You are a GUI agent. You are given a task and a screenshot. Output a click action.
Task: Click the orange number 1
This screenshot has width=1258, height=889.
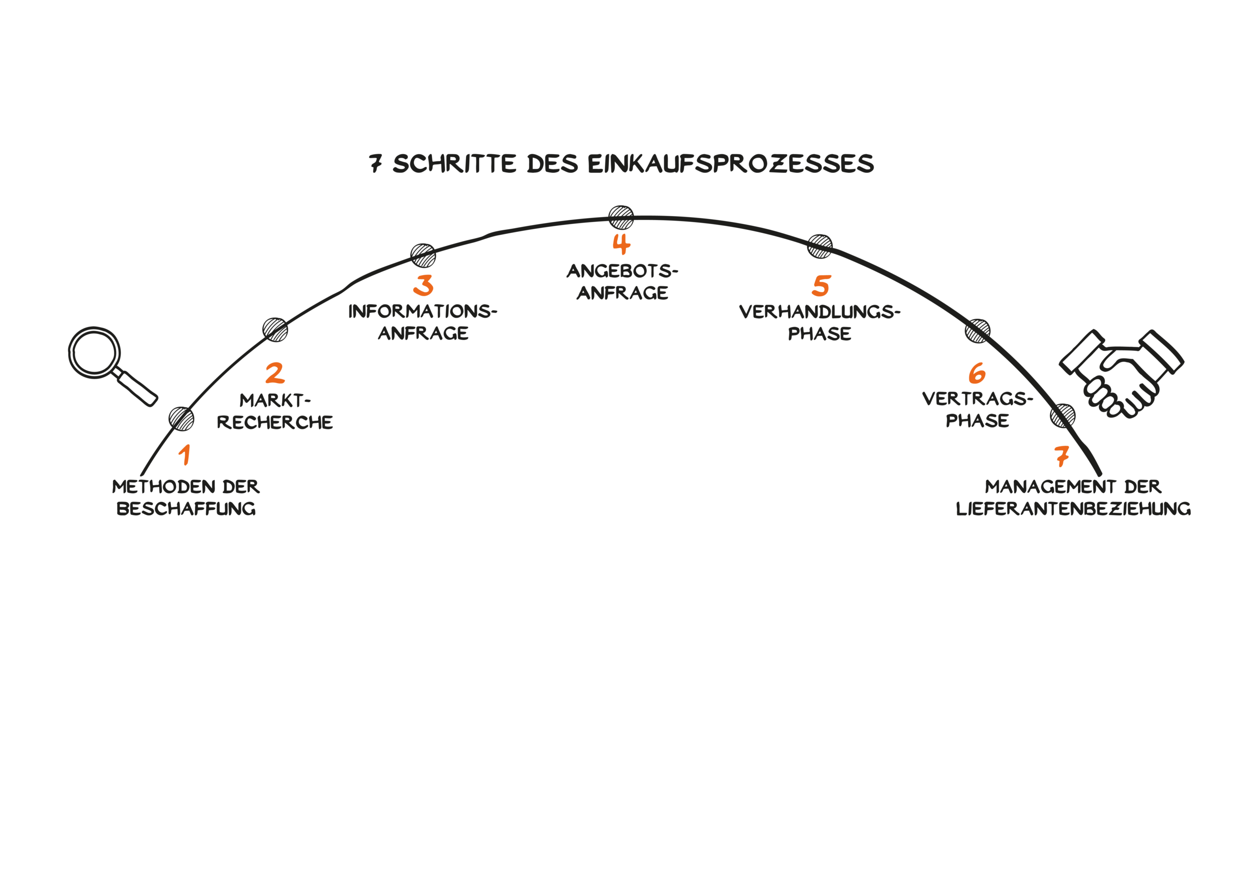pyautogui.click(x=185, y=455)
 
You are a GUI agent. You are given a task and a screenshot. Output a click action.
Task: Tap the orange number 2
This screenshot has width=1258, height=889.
pyautogui.click(x=275, y=374)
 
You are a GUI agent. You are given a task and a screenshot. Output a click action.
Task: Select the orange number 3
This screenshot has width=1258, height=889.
pyautogui.click(x=423, y=285)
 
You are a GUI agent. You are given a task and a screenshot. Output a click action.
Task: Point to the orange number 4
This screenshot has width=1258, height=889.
pyautogui.click(x=621, y=244)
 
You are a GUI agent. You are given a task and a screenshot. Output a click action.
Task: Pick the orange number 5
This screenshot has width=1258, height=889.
pyautogui.click(x=821, y=285)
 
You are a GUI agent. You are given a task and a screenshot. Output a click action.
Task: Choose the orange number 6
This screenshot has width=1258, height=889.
pyautogui.click(x=977, y=374)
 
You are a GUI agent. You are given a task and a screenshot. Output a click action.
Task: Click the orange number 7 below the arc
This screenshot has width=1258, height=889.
pyautogui.click(x=1061, y=456)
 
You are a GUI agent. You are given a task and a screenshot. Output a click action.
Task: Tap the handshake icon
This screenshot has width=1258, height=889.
pyautogui.click(x=1121, y=372)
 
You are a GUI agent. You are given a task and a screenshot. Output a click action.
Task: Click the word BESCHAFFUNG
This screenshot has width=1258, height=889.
pyautogui.click(x=186, y=509)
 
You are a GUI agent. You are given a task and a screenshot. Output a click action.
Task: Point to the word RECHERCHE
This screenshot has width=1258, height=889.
pyautogui.click(x=275, y=422)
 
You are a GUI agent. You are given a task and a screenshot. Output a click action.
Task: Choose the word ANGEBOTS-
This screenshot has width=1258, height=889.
pyautogui.click(x=622, y=271)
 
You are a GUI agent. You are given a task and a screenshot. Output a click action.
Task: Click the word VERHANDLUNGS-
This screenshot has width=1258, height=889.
pyautogui.click(x=820, y=312)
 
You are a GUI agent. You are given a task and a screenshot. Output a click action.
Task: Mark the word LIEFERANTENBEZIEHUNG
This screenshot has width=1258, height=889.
pyautogui.click(x=1073, y=509)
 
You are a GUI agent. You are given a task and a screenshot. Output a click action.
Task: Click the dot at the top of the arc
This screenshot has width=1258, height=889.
pyautogui.click(x=621, y=218)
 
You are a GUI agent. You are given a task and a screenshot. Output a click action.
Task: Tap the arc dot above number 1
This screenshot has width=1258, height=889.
pyautogui.click(x=181, y=419)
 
